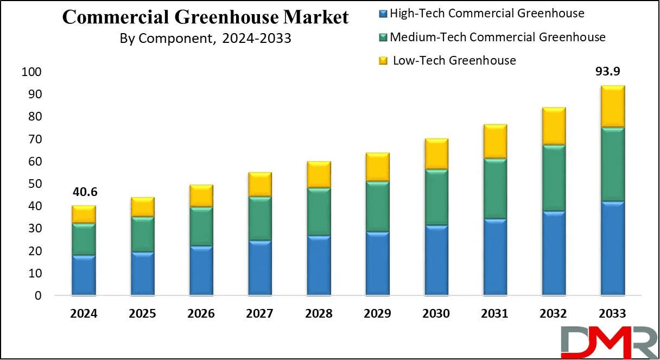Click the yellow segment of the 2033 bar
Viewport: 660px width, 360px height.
pos(613,106)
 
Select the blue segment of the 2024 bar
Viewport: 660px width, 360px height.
pos(84,275)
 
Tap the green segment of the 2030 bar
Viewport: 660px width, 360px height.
pos(436,197)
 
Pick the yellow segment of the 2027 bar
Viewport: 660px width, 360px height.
pos(260,184)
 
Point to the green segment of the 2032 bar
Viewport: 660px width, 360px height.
pos(554,178)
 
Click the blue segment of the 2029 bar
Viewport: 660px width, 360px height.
pos(378,263)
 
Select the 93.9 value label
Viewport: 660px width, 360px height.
pos(607,71)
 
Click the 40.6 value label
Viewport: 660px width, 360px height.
pos(85,192)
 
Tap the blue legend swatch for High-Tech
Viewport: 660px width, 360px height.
pos(383,14)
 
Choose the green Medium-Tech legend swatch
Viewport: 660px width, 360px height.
pos(383,37)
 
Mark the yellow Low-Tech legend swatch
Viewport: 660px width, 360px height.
pos(383,61)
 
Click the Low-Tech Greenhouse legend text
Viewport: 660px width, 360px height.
pos(454,60)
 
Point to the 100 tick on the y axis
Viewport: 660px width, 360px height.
pos(31,72)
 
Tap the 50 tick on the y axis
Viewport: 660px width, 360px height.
pos(35,184)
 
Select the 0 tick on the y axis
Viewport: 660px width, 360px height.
pos(38,295)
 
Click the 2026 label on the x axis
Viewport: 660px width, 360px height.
pos(201,313)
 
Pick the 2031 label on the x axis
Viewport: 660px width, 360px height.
pos(494,313)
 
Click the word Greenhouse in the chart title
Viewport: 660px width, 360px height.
pos(226,17)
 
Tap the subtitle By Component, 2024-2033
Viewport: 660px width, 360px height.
pos(205,39)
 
